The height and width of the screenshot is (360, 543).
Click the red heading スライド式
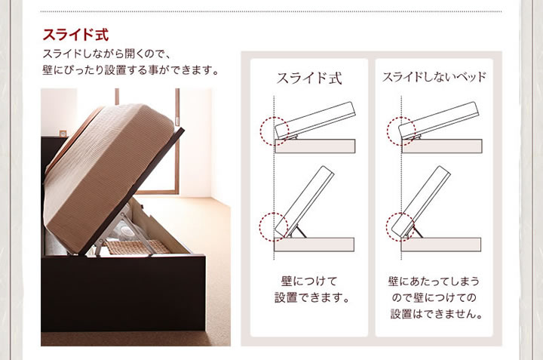(75, 35)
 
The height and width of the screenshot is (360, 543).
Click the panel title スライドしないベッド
(434, 77)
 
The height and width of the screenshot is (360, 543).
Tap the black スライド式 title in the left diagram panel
(309, 78)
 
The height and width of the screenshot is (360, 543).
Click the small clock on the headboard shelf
(63, 134)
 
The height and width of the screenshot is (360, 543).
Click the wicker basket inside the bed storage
(137, 247)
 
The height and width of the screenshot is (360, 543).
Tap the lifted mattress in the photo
(107, 174)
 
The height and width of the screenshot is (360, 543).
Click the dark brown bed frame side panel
(123, 294)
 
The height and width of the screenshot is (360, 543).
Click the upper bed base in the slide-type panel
(315, 146)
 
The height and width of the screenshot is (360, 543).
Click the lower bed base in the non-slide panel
(441, 245)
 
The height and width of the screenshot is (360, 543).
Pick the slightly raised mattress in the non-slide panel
(439, 120)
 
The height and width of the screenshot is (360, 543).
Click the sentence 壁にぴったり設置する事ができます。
(131, 70)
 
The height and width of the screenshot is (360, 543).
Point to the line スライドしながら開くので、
(106, 54)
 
